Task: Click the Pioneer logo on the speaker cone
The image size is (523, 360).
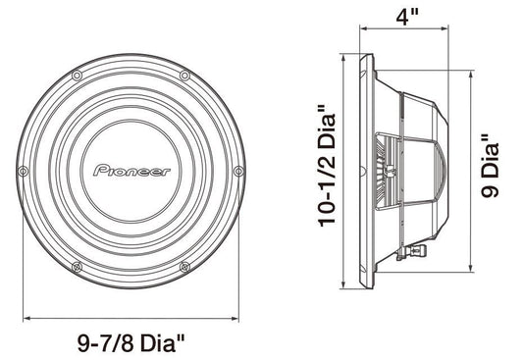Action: pos(131,171)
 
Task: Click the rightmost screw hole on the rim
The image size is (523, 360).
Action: pos(238,171)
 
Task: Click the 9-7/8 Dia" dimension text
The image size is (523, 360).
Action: pos(132,344)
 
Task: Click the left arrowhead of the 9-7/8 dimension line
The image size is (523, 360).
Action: pos(26,318)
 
